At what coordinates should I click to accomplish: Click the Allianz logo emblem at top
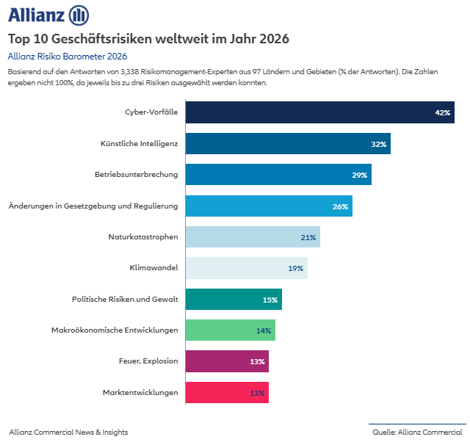tap(79, 15)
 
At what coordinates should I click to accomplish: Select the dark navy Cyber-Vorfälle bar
tap(308, 112)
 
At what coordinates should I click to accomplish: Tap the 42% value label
tap(442, 113)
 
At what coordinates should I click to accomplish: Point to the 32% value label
tap(378, 145)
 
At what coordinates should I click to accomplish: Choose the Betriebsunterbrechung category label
tap(136, 175)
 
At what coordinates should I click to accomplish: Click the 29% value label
tap(359, 176)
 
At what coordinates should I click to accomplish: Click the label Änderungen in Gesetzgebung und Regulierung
tap(93, 206)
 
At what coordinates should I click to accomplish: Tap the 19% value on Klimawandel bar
tap(295, 269)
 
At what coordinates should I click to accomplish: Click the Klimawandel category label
tap(153, 268)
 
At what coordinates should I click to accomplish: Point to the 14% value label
tap(264, 331)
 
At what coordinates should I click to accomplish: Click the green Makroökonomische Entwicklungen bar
tap(220, 330)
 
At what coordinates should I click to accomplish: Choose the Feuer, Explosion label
tap(148, 361)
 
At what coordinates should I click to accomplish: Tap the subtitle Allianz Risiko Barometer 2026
tap(68, 56)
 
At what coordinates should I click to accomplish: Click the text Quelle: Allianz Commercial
tap(417, 433)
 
